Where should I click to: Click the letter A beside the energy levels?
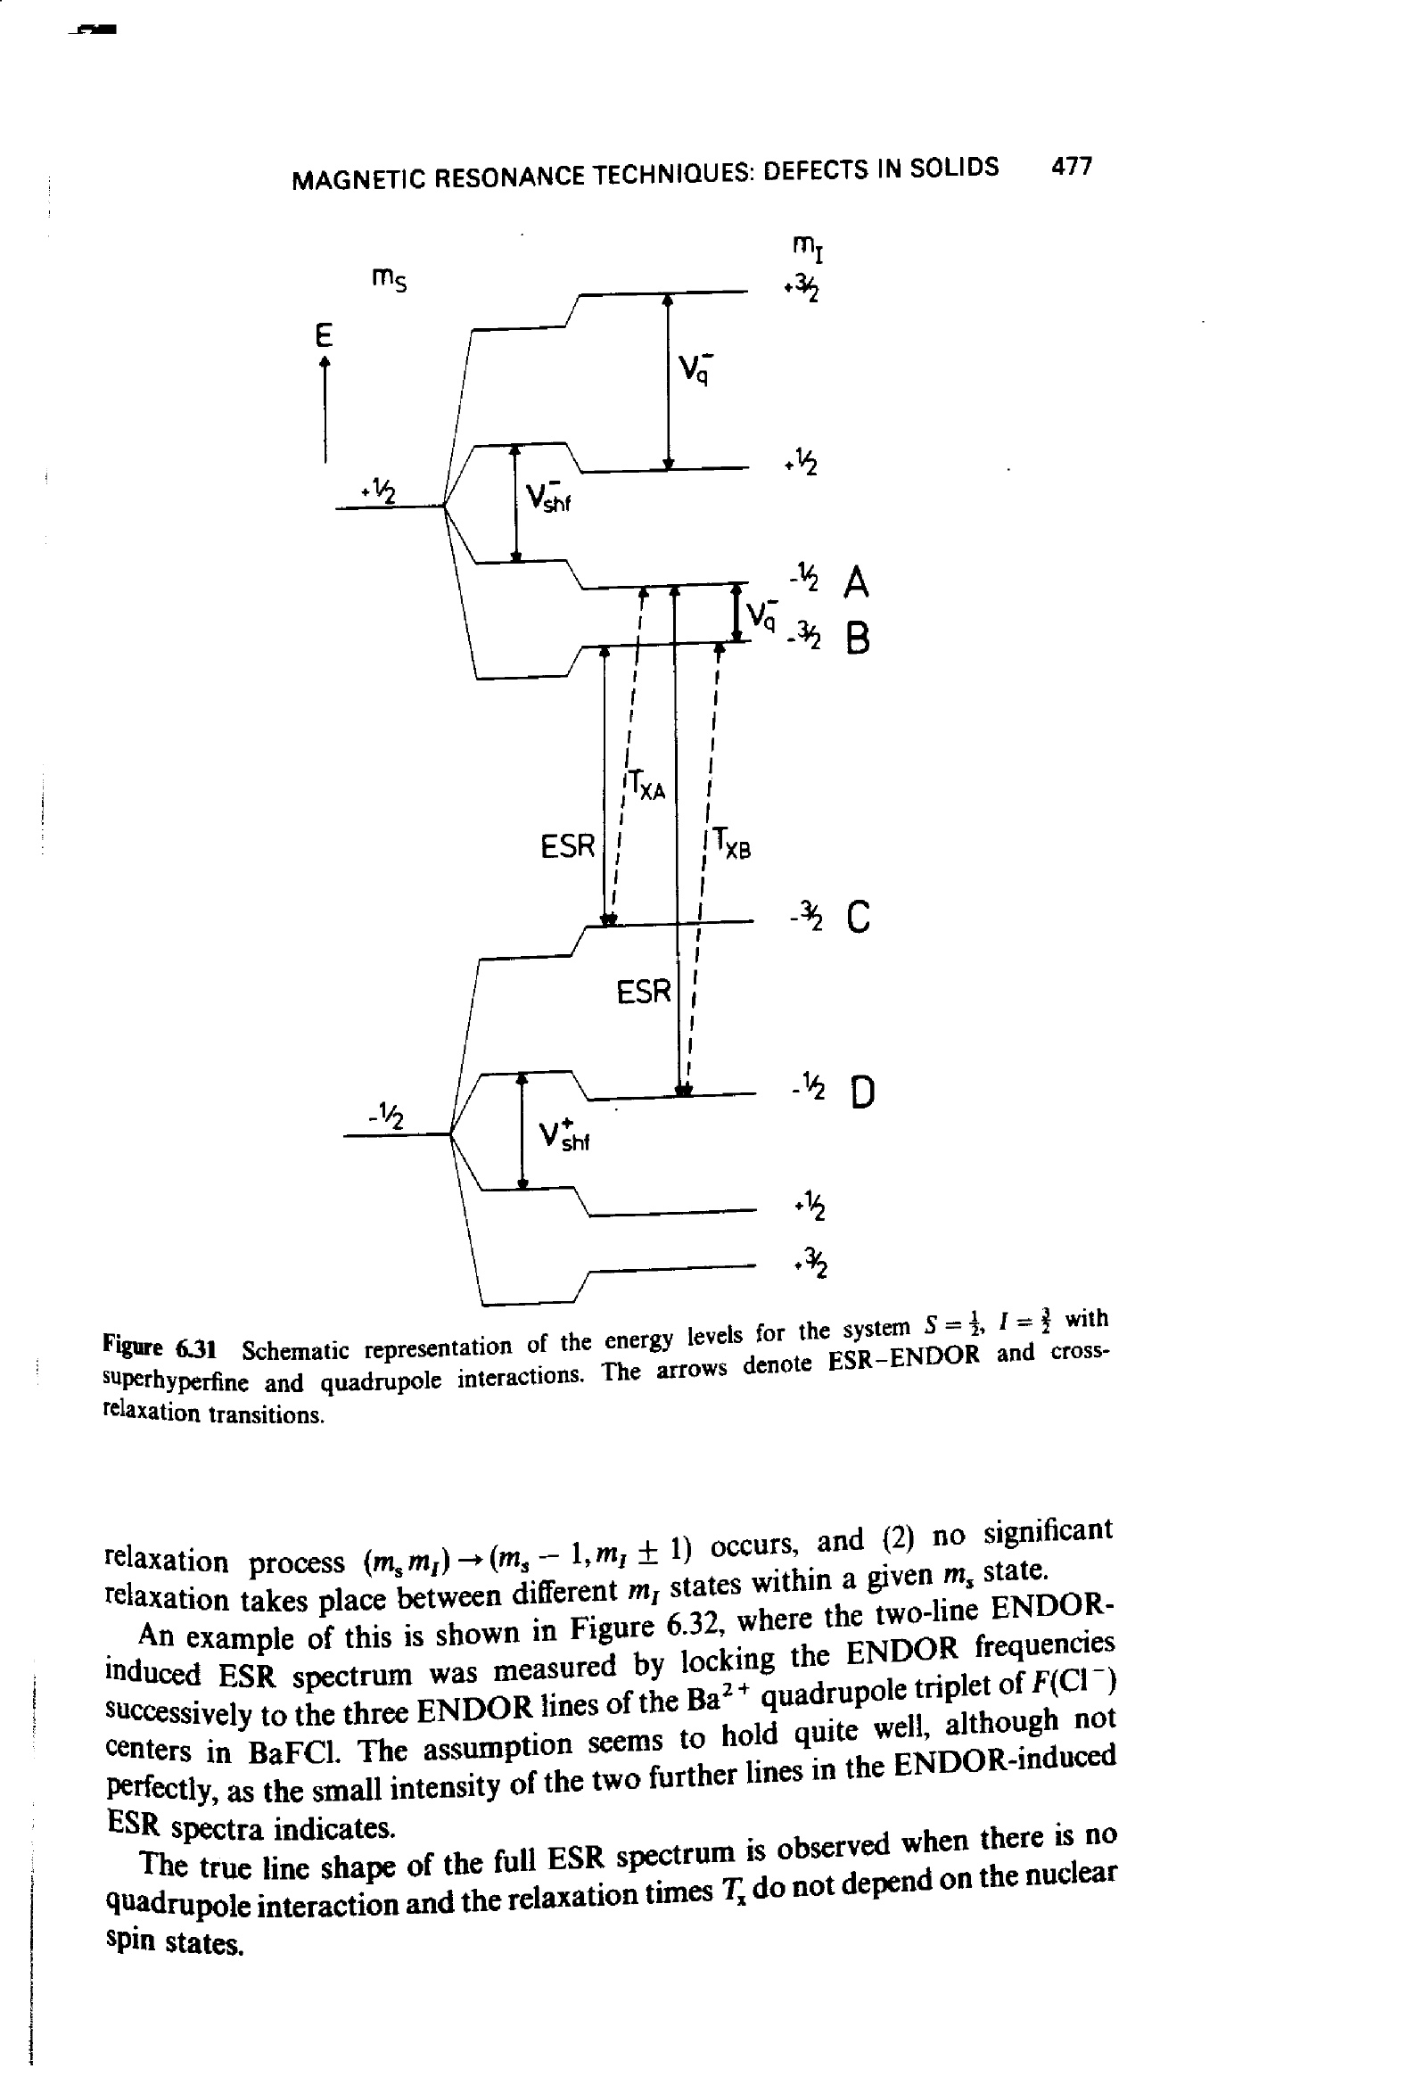[x=856, y=583]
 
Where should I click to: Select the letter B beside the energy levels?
[x=858, y=639]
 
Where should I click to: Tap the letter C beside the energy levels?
[x=858, y=917]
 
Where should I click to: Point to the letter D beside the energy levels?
[x=861, y=1092]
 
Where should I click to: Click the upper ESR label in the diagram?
[x=568, y=845]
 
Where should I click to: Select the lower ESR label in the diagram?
[x=644, y=993]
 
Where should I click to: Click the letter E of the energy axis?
[x=323, y=335]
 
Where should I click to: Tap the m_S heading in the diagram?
[x=390, y=280]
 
